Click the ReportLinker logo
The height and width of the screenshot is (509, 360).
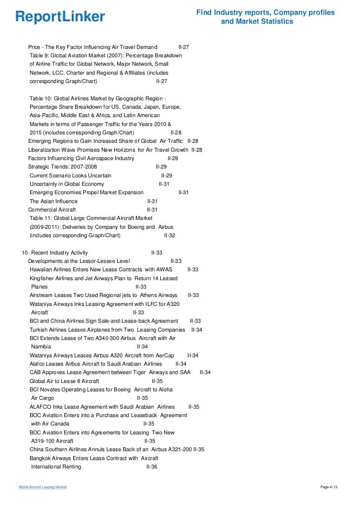click(x=60, y=17)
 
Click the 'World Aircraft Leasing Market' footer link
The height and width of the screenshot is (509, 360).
click(x=43, y=487)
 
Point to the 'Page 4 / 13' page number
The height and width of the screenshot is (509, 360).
click(x=330, y=487)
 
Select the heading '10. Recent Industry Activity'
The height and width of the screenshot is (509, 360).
click(x=55, y=253)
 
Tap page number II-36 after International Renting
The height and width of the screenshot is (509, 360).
click(x=151, y=467)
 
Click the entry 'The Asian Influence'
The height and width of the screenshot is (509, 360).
click(x=53, y=201)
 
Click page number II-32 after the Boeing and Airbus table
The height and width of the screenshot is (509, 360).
click(x=170, y=235)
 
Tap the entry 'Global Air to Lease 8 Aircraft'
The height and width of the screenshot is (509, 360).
click(x=64, y=381)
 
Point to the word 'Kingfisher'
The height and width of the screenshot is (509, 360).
click(x=43, y=278)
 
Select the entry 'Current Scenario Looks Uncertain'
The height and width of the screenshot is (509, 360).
click(x=70, y=175)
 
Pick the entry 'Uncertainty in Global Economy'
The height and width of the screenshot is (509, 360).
click(x=67, y=184)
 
